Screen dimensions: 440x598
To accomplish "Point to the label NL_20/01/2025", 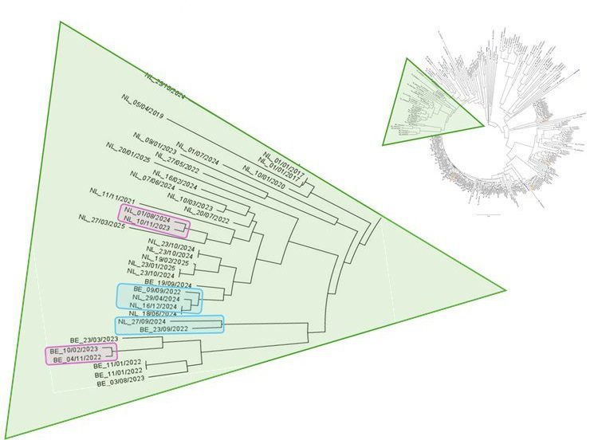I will (x=128, y=158).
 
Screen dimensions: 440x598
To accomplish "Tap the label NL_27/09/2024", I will (x=142, y=321).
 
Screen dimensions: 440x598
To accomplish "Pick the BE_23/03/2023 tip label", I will (x=94, y=339).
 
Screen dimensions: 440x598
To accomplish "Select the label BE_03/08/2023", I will (x=124, y=383).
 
